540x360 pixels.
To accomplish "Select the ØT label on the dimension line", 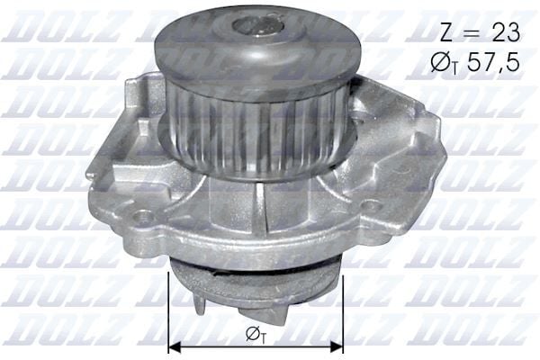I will pyautogui.click(x=255, y=334).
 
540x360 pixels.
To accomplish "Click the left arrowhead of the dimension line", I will pyautogui.click(x=175, y=345).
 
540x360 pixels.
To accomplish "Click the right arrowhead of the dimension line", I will pyautogui.click(x=337, y=345).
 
